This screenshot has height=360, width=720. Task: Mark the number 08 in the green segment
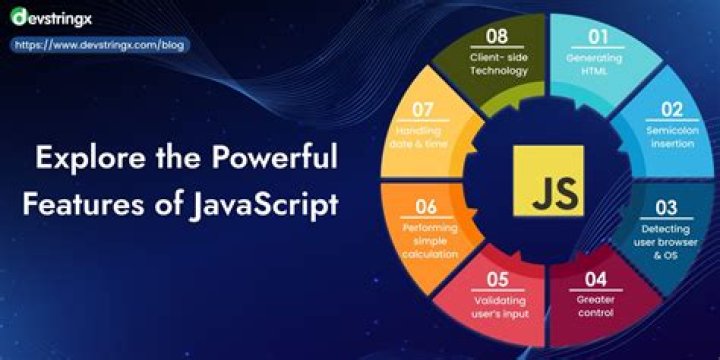[x=497, y=37]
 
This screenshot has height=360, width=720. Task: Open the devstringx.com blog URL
[x=99, y=45]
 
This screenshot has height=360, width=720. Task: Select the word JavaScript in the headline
[x=264, y=203]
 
